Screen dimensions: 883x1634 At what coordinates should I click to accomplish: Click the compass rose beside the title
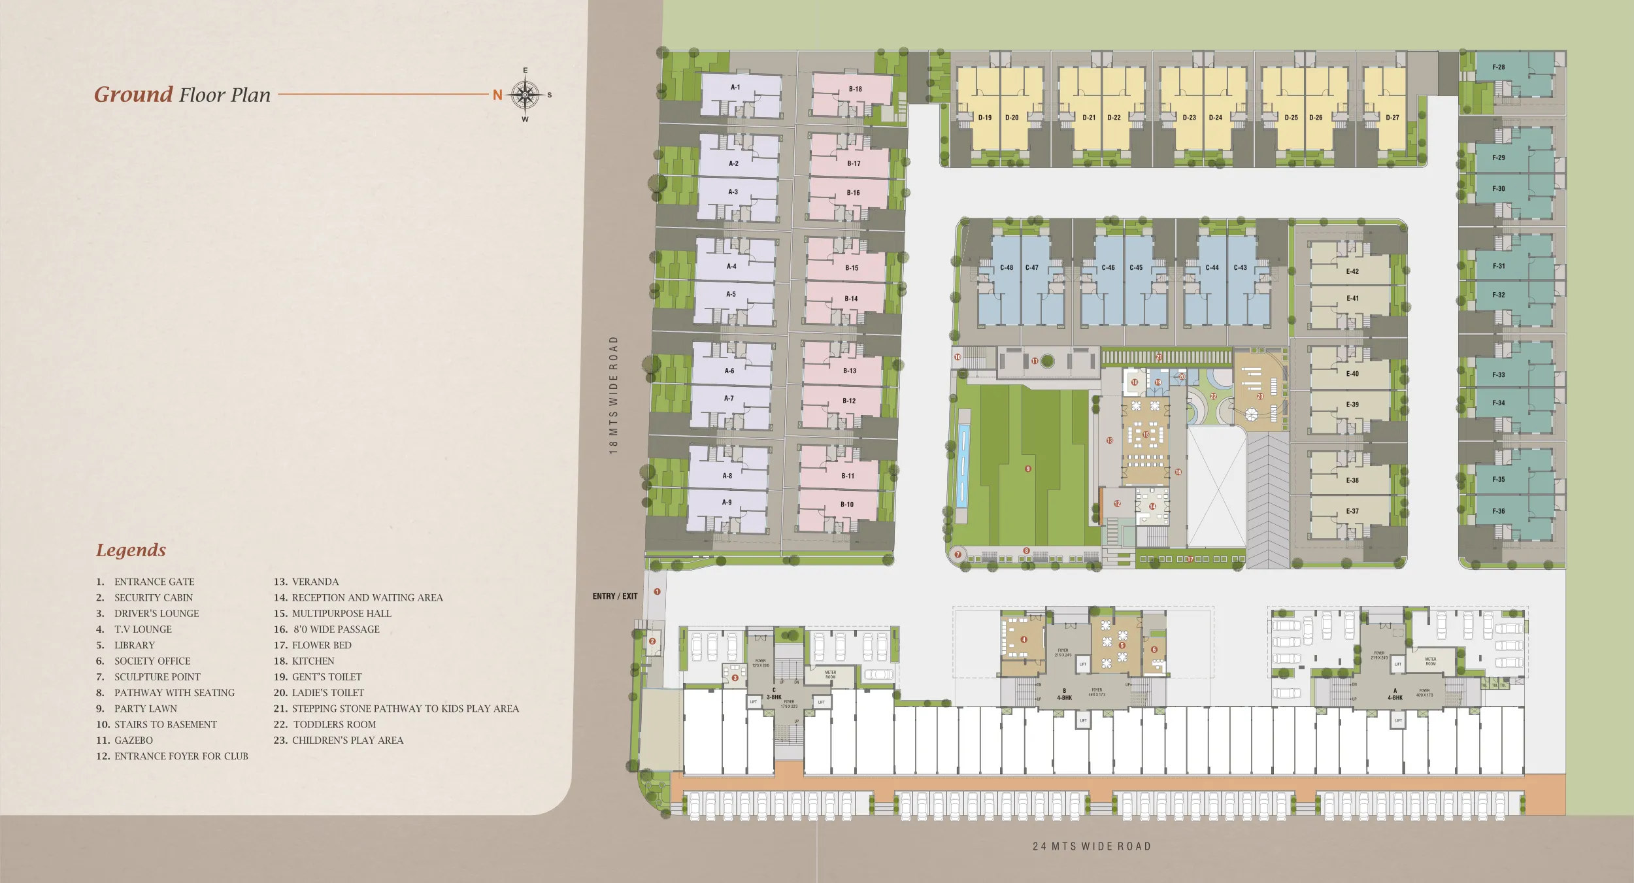tap(525, 95)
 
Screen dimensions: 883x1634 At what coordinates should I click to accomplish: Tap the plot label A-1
tap(735, 87)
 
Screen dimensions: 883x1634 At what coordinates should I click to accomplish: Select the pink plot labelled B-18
tap(855, 89)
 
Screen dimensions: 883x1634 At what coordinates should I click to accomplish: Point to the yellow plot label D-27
tap(1392, 118)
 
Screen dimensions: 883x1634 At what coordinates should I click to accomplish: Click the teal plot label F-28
tap(1499, 67)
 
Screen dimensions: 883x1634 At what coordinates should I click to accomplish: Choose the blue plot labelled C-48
tap(1006, 267)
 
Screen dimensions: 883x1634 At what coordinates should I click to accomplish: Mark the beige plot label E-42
tap(1352, 271)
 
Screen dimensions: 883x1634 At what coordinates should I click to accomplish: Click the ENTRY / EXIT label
tap(614, 596)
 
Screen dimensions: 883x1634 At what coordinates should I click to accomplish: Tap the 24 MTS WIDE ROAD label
tap(1092, 846)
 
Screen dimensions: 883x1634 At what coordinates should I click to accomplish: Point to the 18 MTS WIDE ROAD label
tap(613, 395)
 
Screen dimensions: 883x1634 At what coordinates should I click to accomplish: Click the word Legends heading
tap(131, 550)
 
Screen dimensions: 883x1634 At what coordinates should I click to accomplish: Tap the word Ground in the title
tap(133, 94)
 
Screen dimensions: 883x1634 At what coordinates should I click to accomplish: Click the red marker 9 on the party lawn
tap(1028, 469)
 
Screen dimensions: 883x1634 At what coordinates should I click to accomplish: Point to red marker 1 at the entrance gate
tap(657, 591)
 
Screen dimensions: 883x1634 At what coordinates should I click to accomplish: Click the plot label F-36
tap(1499, 511)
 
